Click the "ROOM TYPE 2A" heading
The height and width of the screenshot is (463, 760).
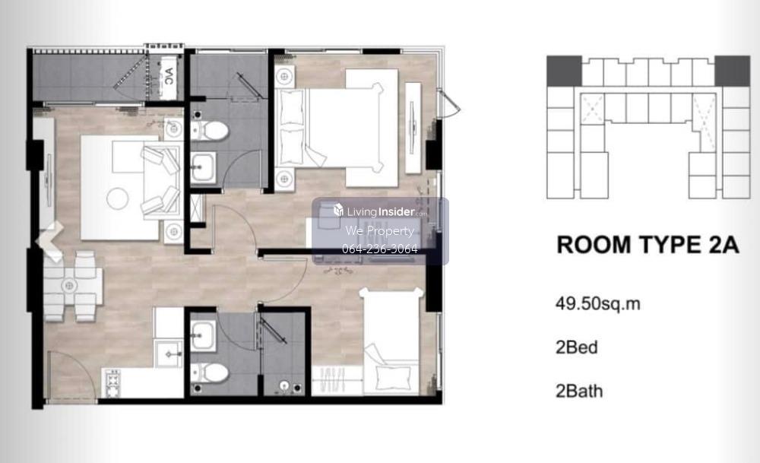pyautogui.click(x=648, y=245)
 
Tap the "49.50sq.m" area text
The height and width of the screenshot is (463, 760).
pyautogui.click(x=597, y=304)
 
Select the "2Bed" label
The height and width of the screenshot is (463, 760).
pyautogui.click(x=576, y=347)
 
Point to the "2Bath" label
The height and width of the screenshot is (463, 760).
pyautogui.click(x=578, y=392)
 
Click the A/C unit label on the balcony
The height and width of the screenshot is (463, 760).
pyautogui.click(x=169, y=76)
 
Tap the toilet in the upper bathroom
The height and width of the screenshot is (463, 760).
pyautogui.click(x=210, y=130)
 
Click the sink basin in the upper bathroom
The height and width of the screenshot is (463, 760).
pyautogui.click(x=203, y=168)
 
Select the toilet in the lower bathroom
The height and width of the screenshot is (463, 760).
pyautogui.click(x=210, y=373)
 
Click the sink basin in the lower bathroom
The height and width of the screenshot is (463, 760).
pyautogui.click(x=203, y=335)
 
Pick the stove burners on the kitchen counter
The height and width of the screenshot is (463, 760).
pyautogui.click(x=113, y=382)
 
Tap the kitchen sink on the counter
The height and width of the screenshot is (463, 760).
pyautogui.click(x=168, y=354)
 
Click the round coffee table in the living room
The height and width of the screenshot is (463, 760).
pyautogui.click(x=118, y=198)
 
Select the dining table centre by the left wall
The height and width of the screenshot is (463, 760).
pyautogui.click(x=69, y=286)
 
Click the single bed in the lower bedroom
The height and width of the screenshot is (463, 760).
pyautogui.click(x=391, y=341)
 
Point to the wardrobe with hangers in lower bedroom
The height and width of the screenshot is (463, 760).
pyautogui.click(x=337, y=380)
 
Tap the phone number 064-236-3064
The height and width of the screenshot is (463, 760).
pyautogui.click(x=379, y=249)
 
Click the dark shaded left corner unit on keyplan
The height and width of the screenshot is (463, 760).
pyautogui.click(x=564, y=71)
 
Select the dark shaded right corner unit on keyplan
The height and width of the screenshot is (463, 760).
pyautogui.click(x=732, y=71)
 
